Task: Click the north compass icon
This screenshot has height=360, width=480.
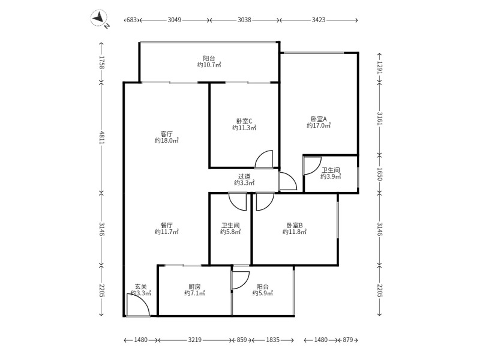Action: (99, 19)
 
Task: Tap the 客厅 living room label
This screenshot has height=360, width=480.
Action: (167, 134)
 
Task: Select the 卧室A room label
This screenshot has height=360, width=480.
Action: (319, 119)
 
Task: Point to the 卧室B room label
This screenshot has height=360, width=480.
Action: (295, 226)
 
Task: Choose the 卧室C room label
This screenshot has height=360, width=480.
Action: (244, 121)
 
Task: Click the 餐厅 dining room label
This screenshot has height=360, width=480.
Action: (167, 226)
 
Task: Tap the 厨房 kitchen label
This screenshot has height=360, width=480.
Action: (194, 287)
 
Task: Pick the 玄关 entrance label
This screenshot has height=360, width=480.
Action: (141, 287)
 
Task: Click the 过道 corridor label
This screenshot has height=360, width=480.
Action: (244, 176)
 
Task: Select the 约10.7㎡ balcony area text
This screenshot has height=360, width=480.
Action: (209, 65)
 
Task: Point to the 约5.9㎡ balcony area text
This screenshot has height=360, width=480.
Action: (263, 293)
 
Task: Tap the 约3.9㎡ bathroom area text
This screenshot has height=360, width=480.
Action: (331, 176)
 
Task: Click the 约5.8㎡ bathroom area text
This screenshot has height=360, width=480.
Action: (230, 232)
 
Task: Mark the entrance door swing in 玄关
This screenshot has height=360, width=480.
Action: (138, 305)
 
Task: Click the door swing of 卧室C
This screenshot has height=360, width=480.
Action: (263, 159)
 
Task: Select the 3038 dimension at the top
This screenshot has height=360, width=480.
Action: (244, 20)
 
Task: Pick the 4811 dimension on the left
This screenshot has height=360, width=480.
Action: (102, 138)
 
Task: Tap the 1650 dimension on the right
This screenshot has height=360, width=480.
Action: (379, 174)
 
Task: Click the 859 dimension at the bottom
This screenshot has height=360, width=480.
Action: (242, 340)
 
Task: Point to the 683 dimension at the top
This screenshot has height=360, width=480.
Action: (131, 20)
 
